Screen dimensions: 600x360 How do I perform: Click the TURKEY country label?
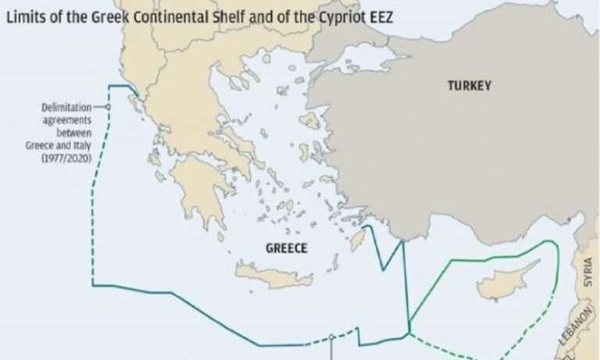469,86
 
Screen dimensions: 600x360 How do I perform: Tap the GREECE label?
285,248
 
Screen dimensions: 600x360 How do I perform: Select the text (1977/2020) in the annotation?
67,159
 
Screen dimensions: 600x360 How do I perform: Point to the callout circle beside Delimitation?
108,107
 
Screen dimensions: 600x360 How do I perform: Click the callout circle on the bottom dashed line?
331,338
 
